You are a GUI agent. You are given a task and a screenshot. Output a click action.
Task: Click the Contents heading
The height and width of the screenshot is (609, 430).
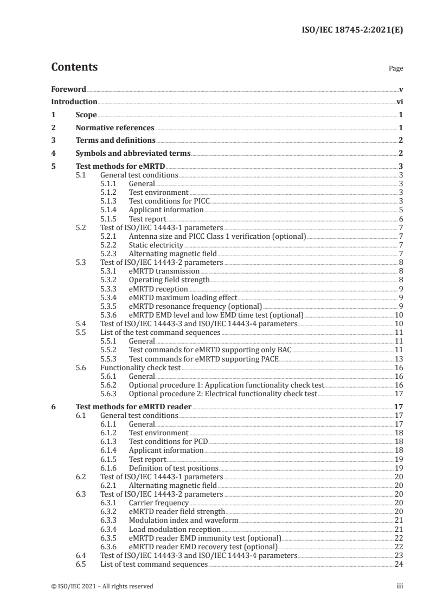coord(74,67)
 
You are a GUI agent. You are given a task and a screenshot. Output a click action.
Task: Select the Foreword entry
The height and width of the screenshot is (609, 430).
coord(68,89)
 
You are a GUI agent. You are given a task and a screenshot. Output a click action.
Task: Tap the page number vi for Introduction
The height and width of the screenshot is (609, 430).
coord(399,101)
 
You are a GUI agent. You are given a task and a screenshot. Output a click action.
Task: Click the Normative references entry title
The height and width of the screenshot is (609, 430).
coord(115,128)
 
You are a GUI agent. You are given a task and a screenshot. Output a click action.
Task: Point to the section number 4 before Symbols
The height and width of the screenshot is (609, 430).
coord(53,154)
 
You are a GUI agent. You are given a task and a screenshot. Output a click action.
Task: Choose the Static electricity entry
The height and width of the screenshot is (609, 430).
coord(156,245)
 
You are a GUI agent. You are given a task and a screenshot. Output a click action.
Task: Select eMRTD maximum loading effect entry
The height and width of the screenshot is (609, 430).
coord(183,297)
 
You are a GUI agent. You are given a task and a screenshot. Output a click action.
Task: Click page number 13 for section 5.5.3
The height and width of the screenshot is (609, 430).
coord(398,359)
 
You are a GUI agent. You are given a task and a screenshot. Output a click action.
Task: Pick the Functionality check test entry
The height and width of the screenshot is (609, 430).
coord(141,367)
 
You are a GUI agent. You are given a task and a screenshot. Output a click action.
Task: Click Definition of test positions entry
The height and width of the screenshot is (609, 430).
coord(173,468)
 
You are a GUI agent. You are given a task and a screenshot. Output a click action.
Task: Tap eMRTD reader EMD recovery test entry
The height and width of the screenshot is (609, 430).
coord(203,547)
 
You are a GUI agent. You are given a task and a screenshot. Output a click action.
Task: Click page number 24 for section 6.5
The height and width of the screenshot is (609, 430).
coord(398,564)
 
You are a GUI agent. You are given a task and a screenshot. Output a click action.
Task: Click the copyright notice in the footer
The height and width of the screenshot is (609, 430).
coord(102,586)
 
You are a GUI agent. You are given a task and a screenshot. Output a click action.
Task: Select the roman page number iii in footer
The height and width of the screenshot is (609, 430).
coord(399,586)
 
